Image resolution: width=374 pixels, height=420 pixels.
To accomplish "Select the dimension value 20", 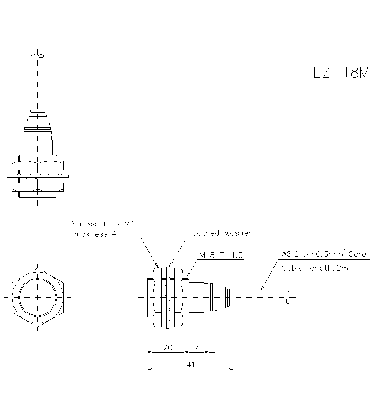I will coord(168,347).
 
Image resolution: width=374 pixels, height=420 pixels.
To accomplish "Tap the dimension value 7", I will coord(197,347).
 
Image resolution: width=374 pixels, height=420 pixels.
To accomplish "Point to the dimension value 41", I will coord(190,364).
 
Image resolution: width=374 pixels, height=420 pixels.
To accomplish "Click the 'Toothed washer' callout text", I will coord(220,233).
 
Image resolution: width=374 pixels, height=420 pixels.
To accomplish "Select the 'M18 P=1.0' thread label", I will coord(221,255).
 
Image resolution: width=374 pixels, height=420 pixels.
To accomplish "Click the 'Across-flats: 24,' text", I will coord(104,224).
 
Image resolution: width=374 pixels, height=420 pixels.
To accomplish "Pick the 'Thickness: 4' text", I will coord(93,234).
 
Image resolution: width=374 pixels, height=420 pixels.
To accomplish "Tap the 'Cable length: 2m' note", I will coord(315,268).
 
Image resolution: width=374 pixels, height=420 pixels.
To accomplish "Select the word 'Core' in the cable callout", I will coord(357,254).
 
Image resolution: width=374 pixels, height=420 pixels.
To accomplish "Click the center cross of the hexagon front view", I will coord(38,297).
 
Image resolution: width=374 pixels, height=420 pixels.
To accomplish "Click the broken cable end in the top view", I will coord(37,56).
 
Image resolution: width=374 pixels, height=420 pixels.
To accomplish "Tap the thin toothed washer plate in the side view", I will coord(168,297).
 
